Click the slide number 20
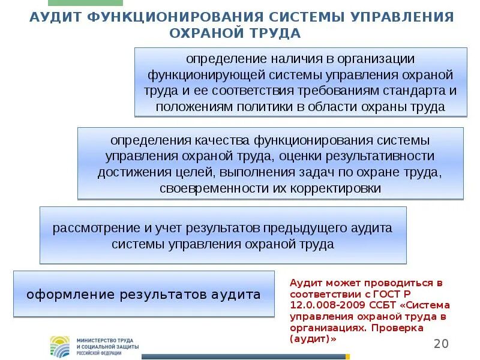pos(441,343)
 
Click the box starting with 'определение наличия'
pos(300,82)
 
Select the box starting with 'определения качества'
pos(270,163)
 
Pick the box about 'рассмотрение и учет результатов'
pos(223,235)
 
